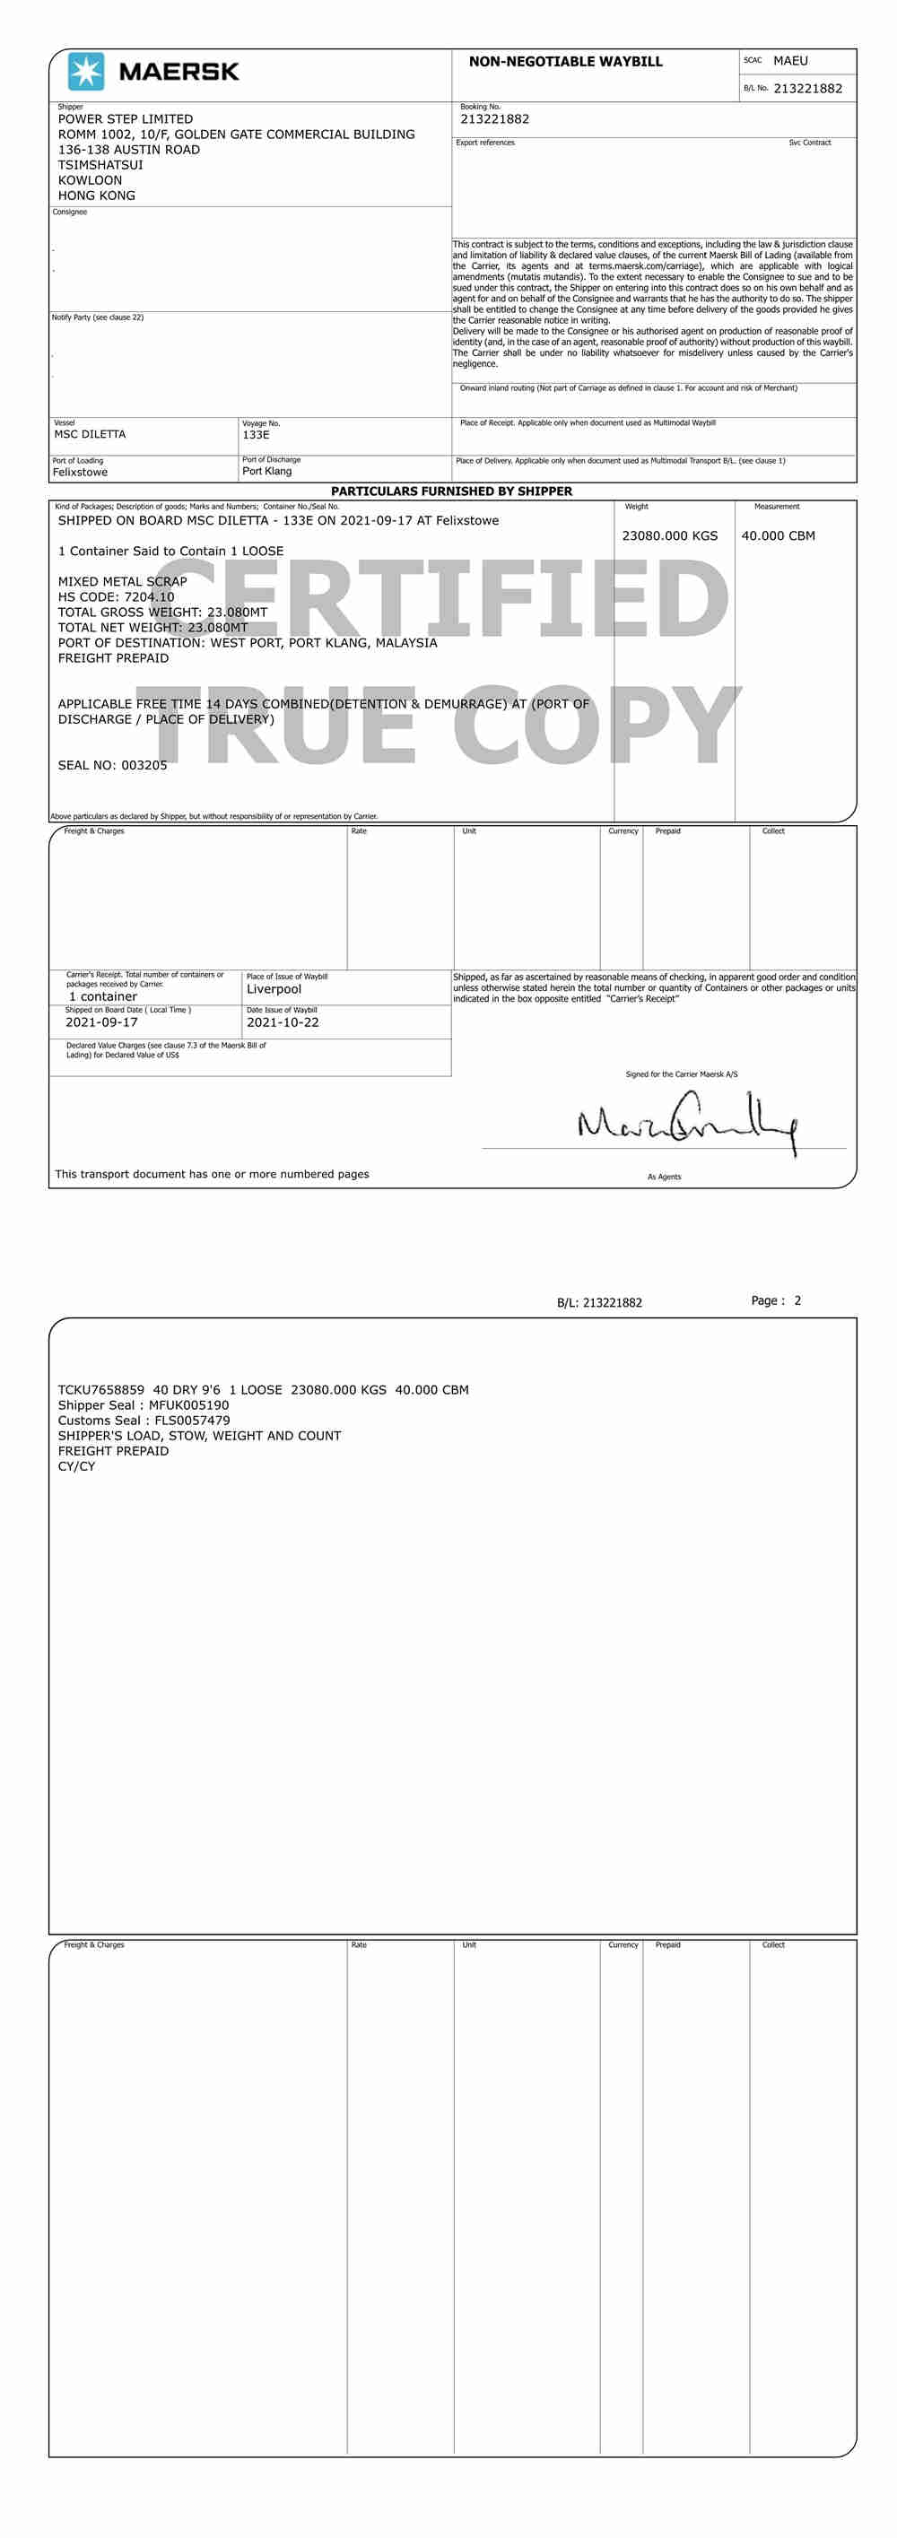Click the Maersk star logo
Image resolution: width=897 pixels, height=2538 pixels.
[86, 72]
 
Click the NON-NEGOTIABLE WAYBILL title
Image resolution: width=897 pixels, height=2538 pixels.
[565, 62]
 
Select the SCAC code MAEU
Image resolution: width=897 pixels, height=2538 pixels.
[789, 61]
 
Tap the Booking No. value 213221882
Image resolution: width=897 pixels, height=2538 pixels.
[494, 119]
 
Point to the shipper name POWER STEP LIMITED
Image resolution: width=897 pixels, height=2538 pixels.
[126, 119]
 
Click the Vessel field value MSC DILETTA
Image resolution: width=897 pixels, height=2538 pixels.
[90, 434]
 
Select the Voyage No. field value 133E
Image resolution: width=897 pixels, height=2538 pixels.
[256, 434]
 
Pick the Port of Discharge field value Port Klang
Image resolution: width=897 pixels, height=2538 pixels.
[267, 471]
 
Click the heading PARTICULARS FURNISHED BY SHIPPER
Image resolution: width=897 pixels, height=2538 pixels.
[451, 491]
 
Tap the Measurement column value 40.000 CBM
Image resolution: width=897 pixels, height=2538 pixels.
[778, 536]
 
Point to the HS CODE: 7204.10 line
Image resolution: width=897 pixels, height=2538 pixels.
[116, 597]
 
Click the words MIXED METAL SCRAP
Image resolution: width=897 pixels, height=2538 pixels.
[122, 581]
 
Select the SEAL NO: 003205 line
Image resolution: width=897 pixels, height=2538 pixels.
[112, 765]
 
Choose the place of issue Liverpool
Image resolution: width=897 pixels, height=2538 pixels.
[274, 989]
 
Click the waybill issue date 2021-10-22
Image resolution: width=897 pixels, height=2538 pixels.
[283, 1022]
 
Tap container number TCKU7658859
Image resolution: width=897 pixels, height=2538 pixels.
[100, 1390]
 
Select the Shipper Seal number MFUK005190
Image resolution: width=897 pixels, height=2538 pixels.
[188, 1405]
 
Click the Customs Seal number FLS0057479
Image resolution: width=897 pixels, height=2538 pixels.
[192, 1421]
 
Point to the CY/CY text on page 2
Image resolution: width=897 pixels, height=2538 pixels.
[76, 1466]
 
